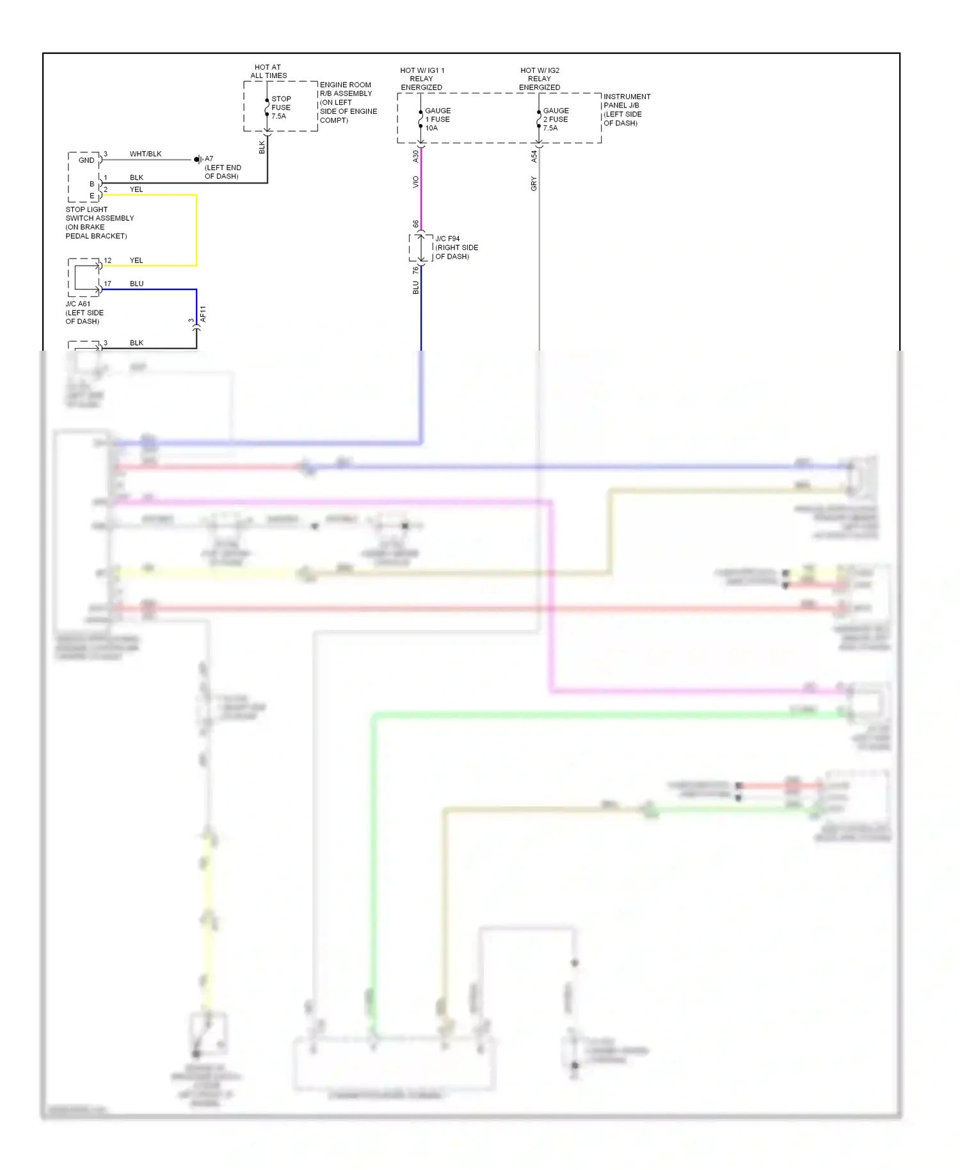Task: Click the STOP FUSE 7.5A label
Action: tap(281, 108)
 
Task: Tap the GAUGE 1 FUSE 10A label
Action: tap(438, 119)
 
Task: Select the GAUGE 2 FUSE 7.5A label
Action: tap(556, 119)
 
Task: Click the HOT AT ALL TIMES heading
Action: tap(268, 71)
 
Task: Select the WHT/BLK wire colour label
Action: tap(145, 154)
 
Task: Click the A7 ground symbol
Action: tap(198, 159)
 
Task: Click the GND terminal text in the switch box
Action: tap(86, 160)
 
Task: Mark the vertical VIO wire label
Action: tap(415, 182)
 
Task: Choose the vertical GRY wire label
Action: tap(534, 184)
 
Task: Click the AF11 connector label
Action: tap(203, 314)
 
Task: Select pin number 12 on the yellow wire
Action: tap(108, 260)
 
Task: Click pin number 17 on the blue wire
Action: tap(108, 284)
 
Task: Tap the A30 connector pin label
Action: tap(415, 156)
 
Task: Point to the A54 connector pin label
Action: tap(534, 156)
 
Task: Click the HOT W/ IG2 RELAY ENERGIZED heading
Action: tap(540, 79)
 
